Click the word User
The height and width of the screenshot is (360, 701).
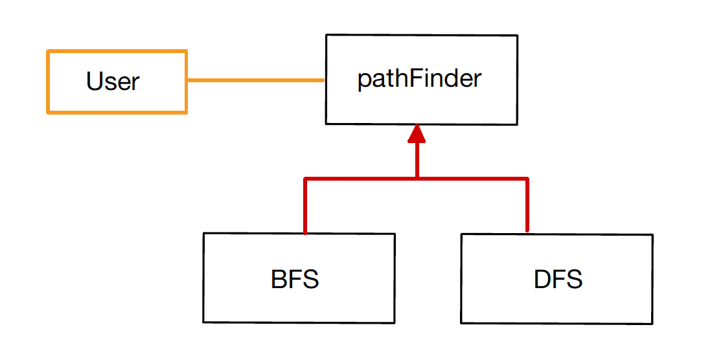(113, 82)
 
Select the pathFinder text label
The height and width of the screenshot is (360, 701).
(420, 79)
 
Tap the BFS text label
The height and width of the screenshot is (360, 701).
(295, 279)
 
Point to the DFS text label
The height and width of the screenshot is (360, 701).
(558, 279)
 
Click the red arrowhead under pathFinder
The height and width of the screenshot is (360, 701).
(417, 133)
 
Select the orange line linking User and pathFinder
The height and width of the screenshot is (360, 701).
(255, 80)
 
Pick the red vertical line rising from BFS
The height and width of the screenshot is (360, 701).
(305, 207)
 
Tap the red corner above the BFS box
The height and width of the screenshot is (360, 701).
(305, 179)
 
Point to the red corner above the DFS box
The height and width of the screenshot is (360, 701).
(527, 179)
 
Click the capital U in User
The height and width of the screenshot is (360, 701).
(94, 82)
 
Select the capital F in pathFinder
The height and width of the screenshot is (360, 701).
(413, 78)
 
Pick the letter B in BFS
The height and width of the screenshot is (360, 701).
(278, 279)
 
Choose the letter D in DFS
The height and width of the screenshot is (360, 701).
(542, 279)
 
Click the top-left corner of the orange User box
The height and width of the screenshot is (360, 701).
(48, 51)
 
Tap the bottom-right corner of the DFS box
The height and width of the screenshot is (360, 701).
(652, 323)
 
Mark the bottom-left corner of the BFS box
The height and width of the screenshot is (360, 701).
(204, 322)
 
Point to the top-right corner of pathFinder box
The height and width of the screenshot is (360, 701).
(517, 36)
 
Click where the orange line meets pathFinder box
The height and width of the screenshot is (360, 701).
(325, 80)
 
